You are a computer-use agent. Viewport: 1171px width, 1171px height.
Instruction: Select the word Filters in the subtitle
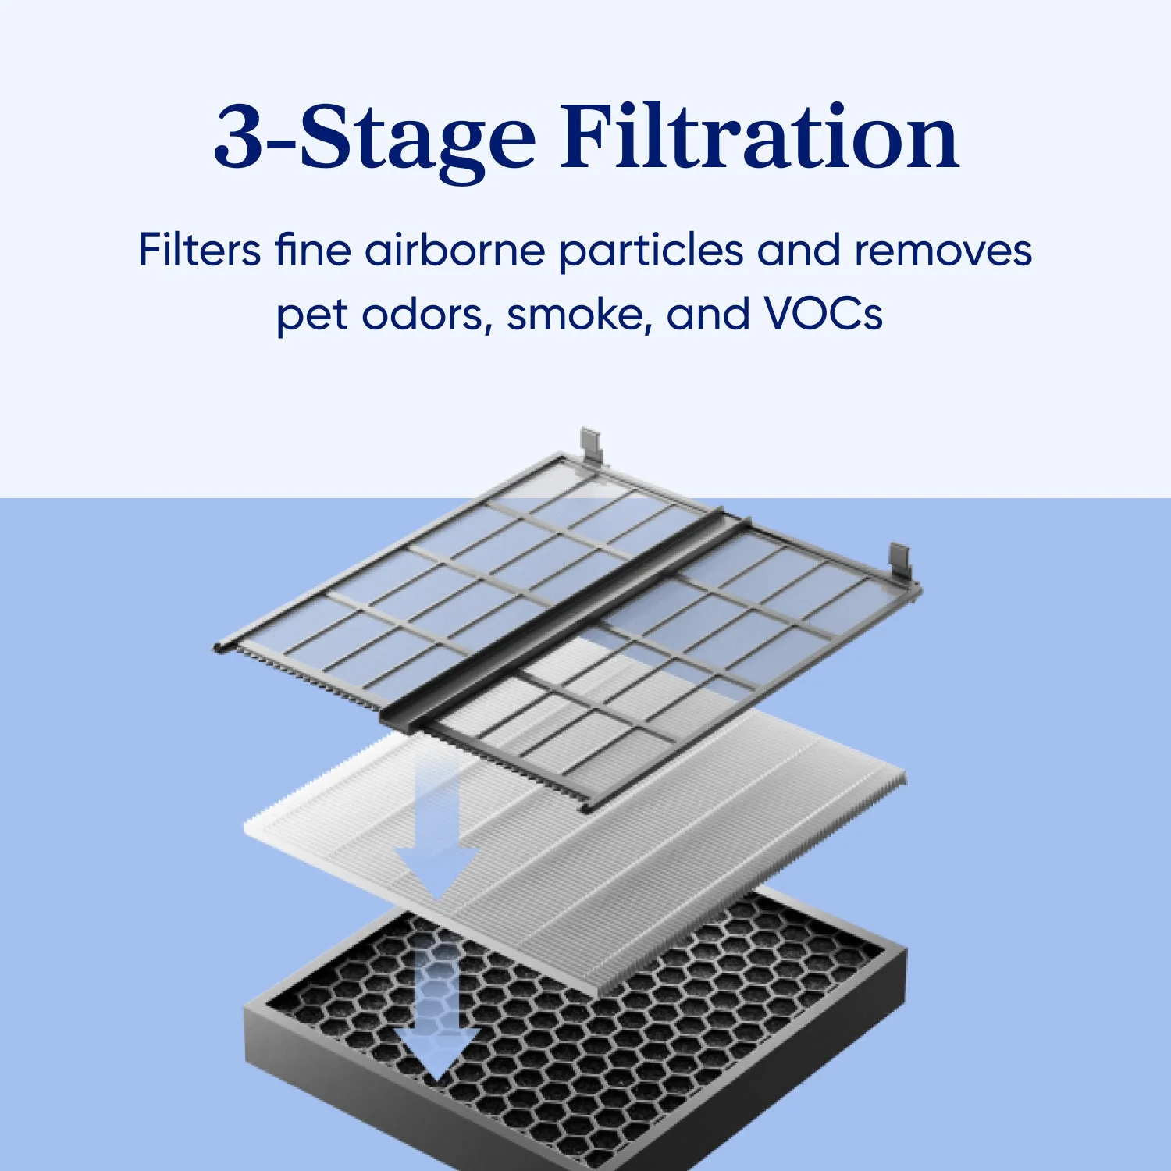[200, 250]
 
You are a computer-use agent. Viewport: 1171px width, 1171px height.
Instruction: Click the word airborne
[455, 250]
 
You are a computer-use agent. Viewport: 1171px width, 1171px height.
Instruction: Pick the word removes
[943, 251]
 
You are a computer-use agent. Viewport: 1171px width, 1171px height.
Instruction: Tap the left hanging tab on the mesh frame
[592, 447]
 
